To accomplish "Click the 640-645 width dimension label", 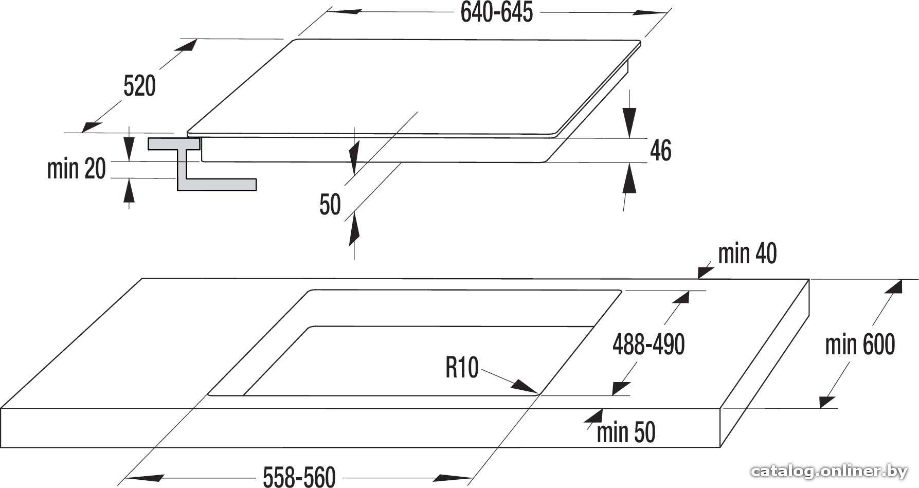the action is (x=497, y=12).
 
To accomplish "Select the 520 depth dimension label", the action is (x=139, y=86).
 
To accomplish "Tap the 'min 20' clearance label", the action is (x=76, y=169).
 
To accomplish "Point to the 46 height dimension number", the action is (x=661, y=151).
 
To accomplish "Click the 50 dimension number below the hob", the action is (x=330, y=205).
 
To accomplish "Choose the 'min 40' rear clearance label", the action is (x=747, y=254).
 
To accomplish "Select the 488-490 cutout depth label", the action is (x=648, y=345).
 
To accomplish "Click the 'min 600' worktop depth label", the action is (x=860, y=345).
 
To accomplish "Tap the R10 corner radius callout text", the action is (x=462, y=368).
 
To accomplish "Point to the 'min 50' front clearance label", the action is (x=626, y=432).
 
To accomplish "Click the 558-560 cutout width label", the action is (x=299, y=477).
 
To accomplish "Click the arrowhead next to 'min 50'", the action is (x=594, y=417).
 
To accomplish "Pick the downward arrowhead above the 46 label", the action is (x=630, y=123).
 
